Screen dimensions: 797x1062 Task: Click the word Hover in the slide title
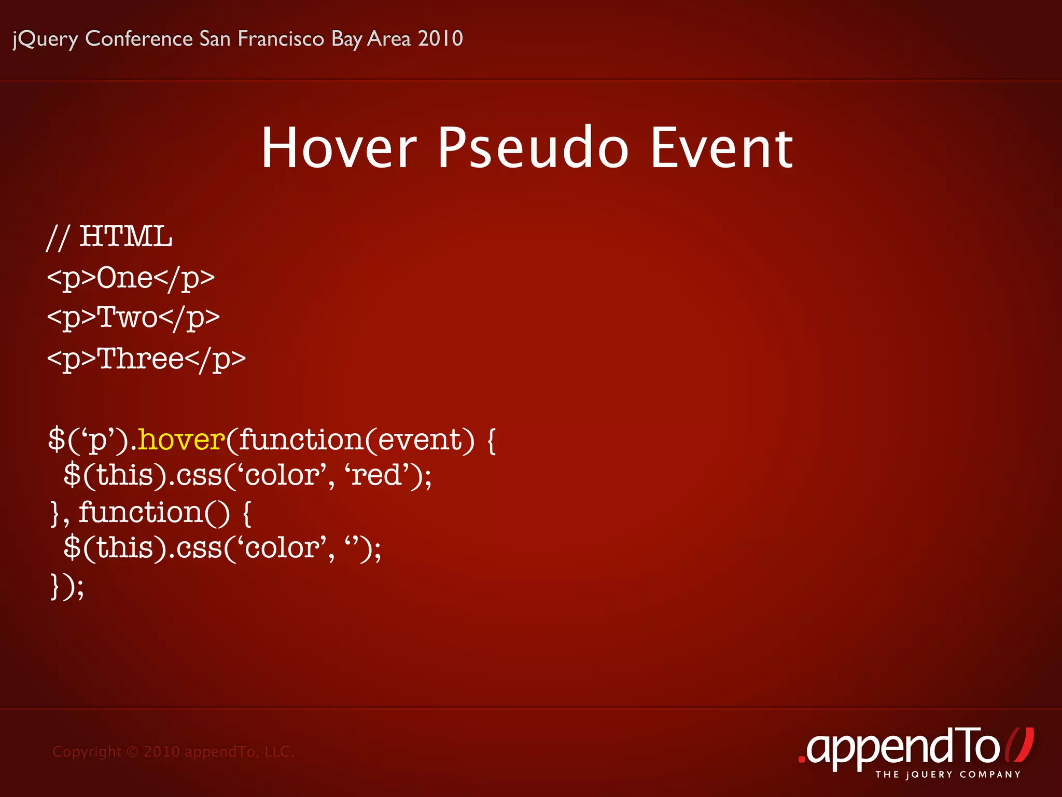coord(339,148)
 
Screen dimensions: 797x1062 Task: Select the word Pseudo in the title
coord(533,148)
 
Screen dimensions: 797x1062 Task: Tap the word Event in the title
coord(721,148)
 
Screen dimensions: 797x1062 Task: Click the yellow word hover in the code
coord(181,440)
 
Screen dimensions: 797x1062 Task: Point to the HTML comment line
coord(109,237)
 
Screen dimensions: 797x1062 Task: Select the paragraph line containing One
coord(131,278)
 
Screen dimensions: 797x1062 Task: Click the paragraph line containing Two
coord(133,318)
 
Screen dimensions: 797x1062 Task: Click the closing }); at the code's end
coord(66,586)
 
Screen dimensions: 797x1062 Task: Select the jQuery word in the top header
coord(46,39)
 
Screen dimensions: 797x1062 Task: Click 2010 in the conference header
coord(440,38)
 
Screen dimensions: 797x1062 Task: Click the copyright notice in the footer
coord(173,751)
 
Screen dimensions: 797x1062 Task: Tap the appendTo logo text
coord(902,747)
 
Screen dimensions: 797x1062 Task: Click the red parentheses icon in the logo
coord(1019,745)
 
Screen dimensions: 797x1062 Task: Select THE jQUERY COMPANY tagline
coord(948,775)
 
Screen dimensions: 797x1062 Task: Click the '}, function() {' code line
coord(150,513)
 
